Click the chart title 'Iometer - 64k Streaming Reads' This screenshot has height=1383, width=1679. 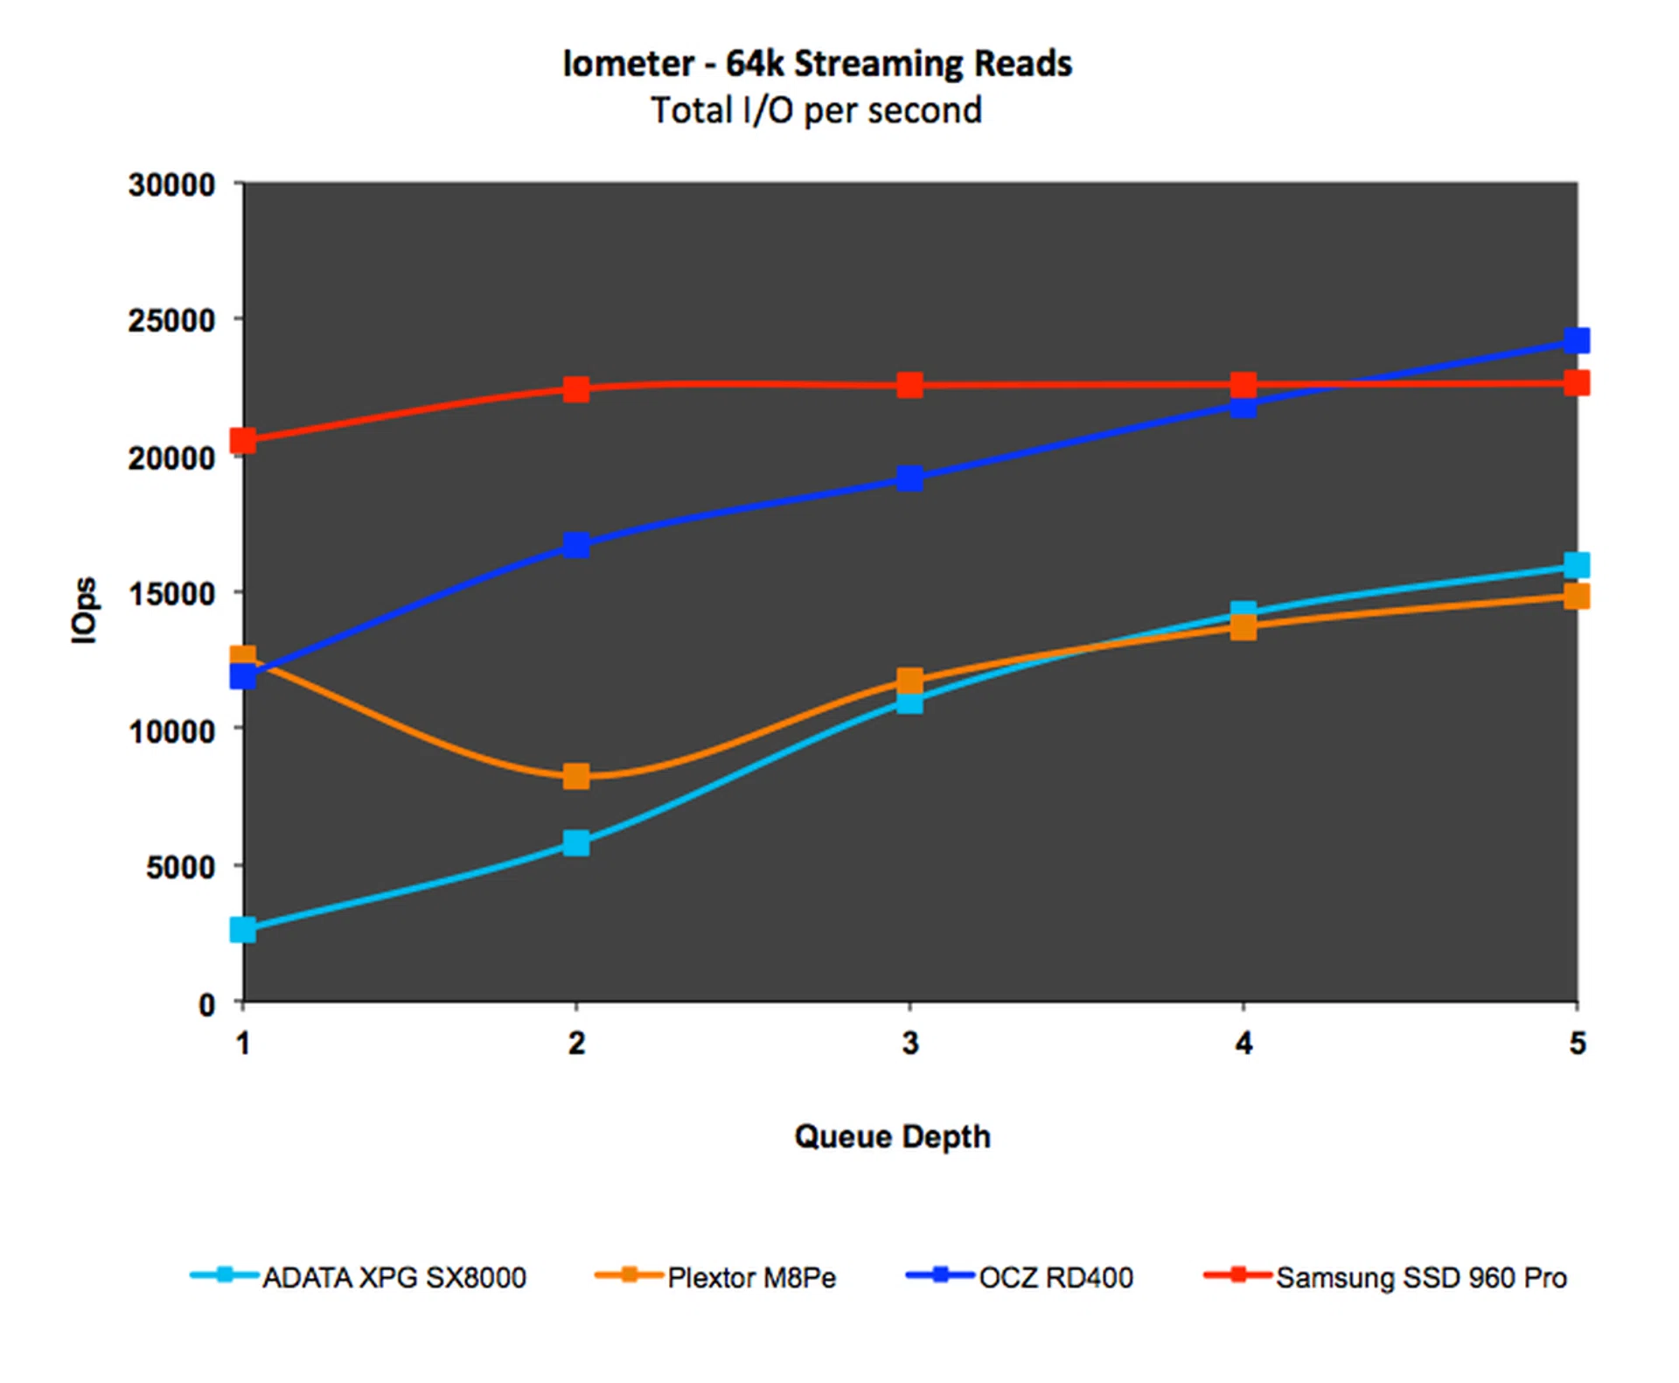click(x=817, y=64)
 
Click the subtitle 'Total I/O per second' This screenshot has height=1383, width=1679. click(x=816, y=111)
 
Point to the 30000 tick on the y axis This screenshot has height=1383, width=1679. click(x=171, y=185)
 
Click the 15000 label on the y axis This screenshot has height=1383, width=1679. click(x=171, y=594)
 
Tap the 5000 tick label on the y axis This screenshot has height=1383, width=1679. click(x=180, y=867)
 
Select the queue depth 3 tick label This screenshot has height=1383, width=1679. click(x=910, y=1043)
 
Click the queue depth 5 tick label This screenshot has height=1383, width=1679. click(x=1577, y=1043)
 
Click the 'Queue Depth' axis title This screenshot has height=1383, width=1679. click(x=892, y=1136)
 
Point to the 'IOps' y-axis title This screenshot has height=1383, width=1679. click(x=85, y=610)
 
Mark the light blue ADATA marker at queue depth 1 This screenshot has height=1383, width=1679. click(x=243, y=929)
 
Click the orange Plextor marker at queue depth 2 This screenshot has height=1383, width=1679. click(x=576, y=776)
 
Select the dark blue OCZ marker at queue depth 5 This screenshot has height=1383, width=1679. click(x=1577, y=340)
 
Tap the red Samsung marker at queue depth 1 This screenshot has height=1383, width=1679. click(x=243, y=441)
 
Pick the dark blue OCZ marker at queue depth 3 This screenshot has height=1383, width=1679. click(x=910, y=478)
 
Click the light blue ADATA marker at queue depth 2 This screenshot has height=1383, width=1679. click(x=576, y=843)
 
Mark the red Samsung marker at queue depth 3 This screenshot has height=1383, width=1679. click(x=910, y=385)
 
